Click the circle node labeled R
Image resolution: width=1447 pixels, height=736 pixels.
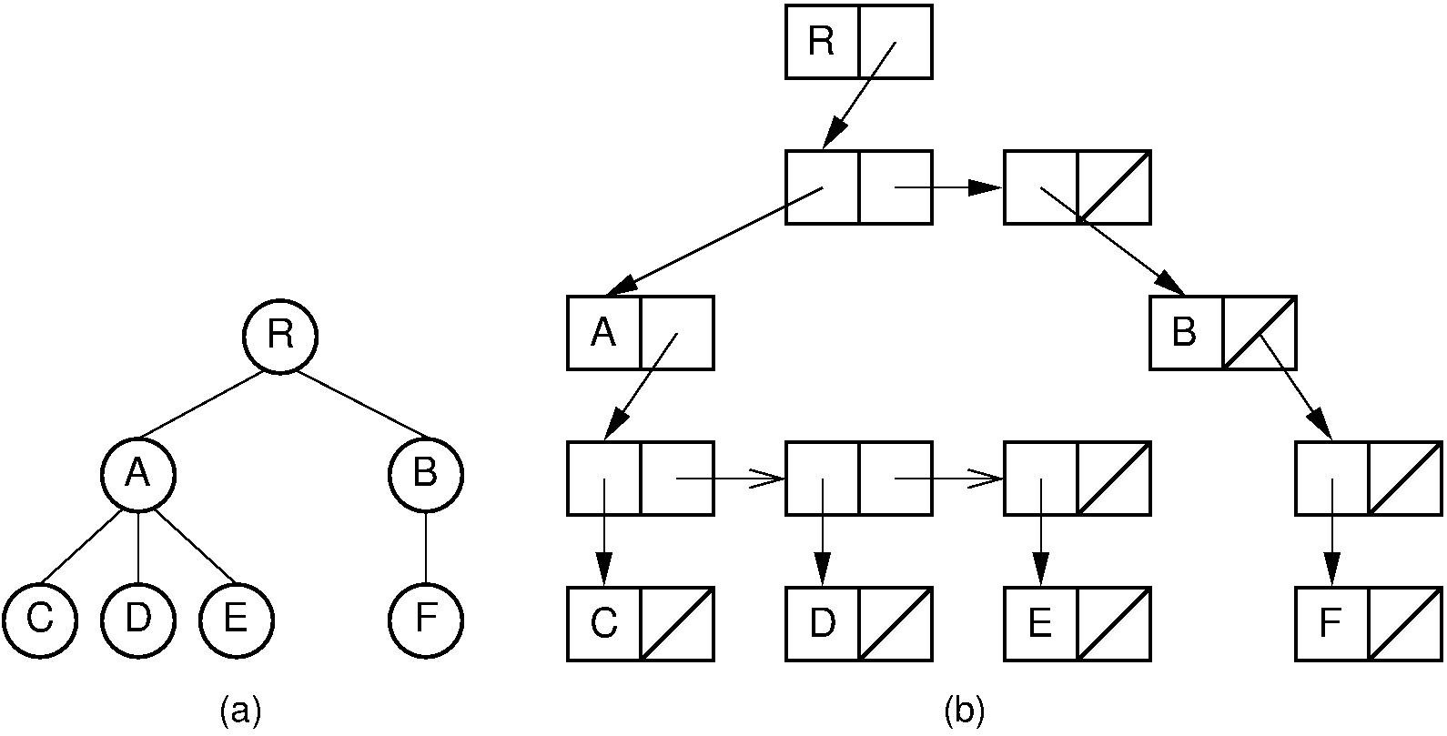(x=280, y=336)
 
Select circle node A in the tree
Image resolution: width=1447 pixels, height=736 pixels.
(x=137, y=474)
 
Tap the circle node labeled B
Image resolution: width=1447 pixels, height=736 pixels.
(x=425, y=474)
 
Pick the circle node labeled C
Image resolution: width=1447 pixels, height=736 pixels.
(x=39, y=619)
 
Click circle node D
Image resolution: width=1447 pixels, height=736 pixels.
(x=137, y=619)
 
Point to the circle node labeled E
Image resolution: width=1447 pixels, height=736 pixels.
(x=236, y=619)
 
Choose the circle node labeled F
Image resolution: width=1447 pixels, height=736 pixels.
(x=425, y=619)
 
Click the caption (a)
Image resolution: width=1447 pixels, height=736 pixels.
(x=240, y=710)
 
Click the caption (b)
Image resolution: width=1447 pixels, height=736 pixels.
(x=964, y=710)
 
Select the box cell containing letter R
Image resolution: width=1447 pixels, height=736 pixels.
(x=822, y=42)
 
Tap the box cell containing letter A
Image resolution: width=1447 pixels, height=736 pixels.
(x=603, y=333)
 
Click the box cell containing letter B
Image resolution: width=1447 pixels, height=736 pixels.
(x=1185, y=333)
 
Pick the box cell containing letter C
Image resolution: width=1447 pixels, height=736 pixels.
(x=603, y=624)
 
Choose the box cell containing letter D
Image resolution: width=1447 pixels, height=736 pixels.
(x=822, y=624)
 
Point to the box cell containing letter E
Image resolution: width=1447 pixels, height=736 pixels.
(x=1040, y=624)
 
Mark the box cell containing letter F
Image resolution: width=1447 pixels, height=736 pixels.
(x=1331, y=624)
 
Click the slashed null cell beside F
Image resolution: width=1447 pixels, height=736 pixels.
(x=1404, y=624)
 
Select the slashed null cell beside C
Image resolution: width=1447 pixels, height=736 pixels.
(x=677, y=624)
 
